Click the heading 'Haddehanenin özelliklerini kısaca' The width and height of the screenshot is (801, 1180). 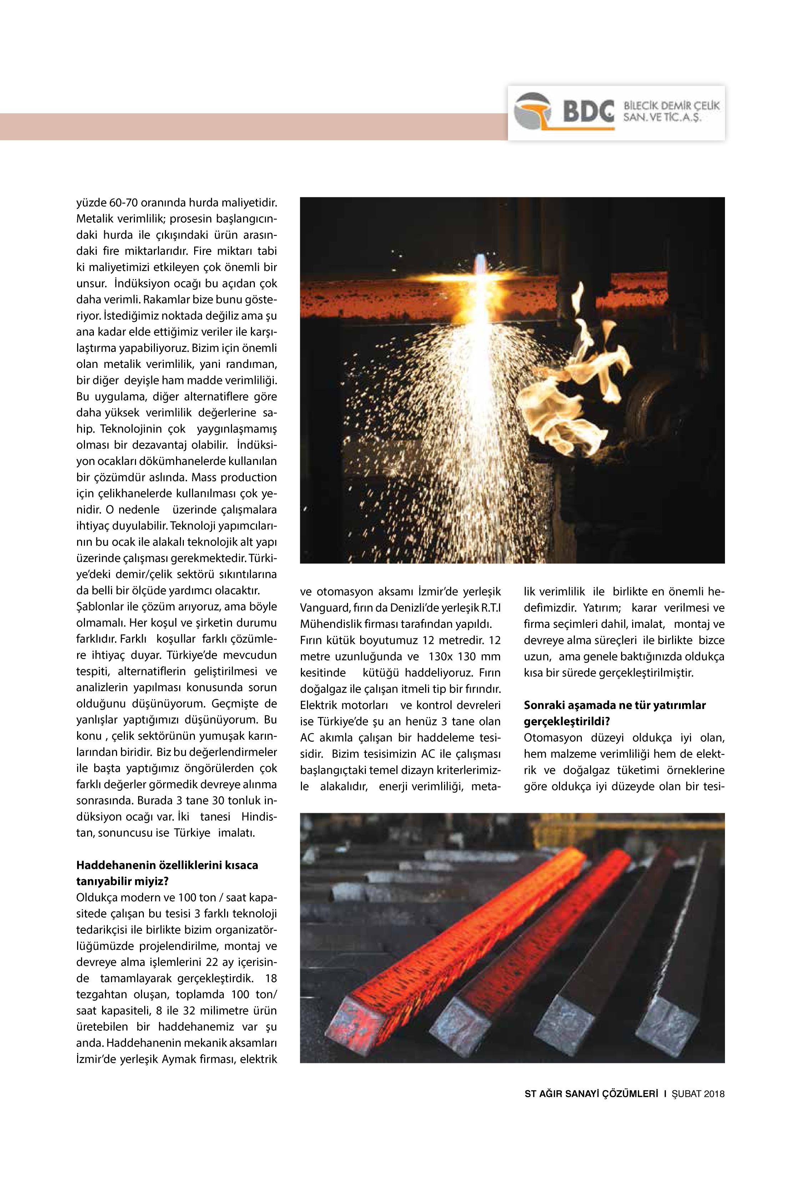pos(167,865)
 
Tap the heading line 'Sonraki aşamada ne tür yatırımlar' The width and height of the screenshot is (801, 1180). pos(615,705)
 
